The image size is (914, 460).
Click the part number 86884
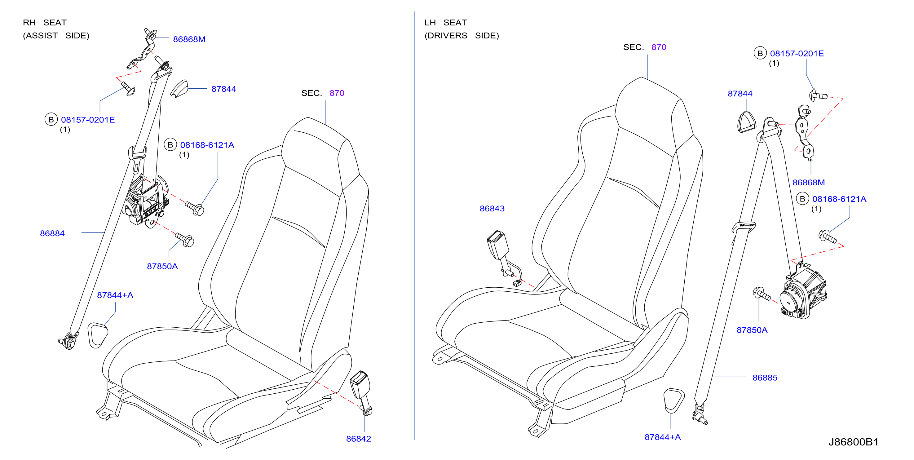tap(52, 233)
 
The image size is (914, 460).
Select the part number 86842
tap(358, 439)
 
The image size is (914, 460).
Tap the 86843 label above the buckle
tap(492, 208)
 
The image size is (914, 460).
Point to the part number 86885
tap(765, 378)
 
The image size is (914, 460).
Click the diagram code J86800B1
tap(853, 442)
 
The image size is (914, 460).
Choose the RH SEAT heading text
tap(45, 23)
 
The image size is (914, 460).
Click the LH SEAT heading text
tap(446, 23)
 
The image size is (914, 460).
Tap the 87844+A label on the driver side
tap(662, 437)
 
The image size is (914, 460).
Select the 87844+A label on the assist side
tap(115, 295)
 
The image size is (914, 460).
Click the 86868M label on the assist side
tap(189, 39)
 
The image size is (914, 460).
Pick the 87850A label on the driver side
tap(752, 330)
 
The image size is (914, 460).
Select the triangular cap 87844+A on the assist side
tap(97, 335)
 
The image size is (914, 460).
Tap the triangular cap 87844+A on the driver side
tap(673, 400)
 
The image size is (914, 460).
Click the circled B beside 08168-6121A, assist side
tap(170, 145)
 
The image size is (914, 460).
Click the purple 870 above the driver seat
tap(659, 47)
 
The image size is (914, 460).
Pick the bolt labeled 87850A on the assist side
tap(185, 240)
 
